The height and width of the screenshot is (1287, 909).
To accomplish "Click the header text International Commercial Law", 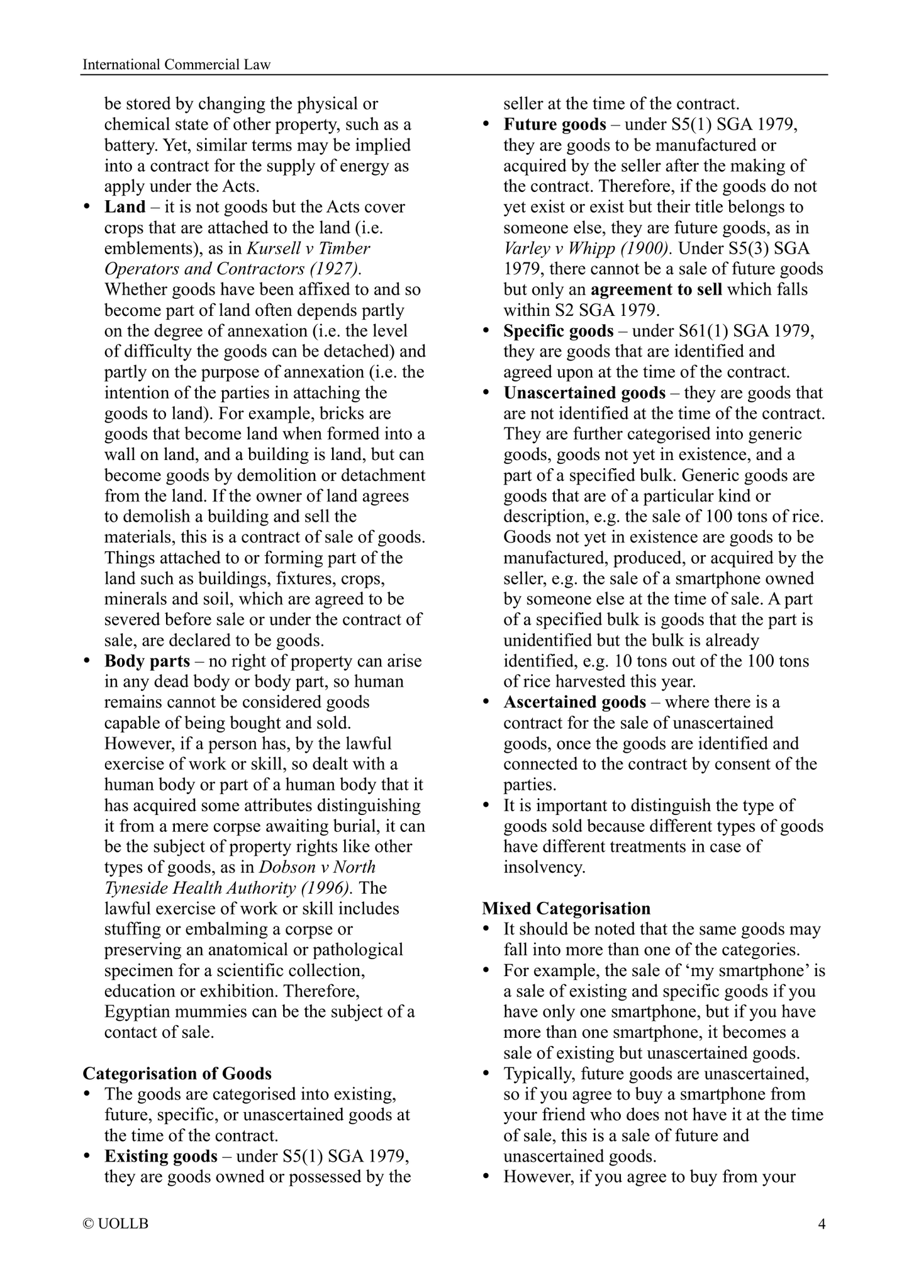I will pyautogui.click(x=177, y=65).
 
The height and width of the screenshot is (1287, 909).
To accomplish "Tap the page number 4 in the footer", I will pyautogui.click(x=821, y=1223).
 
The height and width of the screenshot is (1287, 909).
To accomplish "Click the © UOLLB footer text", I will pyautogui.click(x=116, y=1224).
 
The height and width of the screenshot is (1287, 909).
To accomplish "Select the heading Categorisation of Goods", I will pyautogui.click(x=177, y=1073).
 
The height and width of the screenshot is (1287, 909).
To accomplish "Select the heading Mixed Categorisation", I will pyautogui.click(x=566, y=908).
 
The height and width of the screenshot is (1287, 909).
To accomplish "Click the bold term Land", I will pyautogui.click(x=125, y=207).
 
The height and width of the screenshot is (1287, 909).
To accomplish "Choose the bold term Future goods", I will pyautogui.click(x=555, y=125).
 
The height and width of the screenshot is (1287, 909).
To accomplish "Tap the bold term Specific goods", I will pyautogui.click(x=558, y=331).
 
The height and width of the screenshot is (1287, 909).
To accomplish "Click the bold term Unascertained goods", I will pyautogui.click(x=584, y=393).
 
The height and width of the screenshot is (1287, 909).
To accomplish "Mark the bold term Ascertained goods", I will pyautogui.click(x=574, y=702).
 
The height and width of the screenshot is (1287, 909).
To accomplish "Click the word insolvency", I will pyautogui.click(x=544, y=867).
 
